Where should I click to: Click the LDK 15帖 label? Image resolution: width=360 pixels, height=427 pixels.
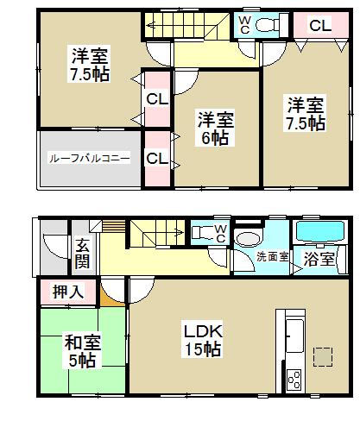[202, 339]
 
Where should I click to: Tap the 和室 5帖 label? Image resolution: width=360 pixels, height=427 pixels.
[83, 351]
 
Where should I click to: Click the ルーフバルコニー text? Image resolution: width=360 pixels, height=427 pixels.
[89, 158]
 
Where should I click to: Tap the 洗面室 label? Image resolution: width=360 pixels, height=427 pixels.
[269, 257]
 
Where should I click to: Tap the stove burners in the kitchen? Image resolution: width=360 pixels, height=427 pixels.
[292, 378]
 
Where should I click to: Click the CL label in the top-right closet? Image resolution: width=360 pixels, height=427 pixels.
[319, 26]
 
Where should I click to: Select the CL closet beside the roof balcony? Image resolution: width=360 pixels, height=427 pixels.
[156, 159]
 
